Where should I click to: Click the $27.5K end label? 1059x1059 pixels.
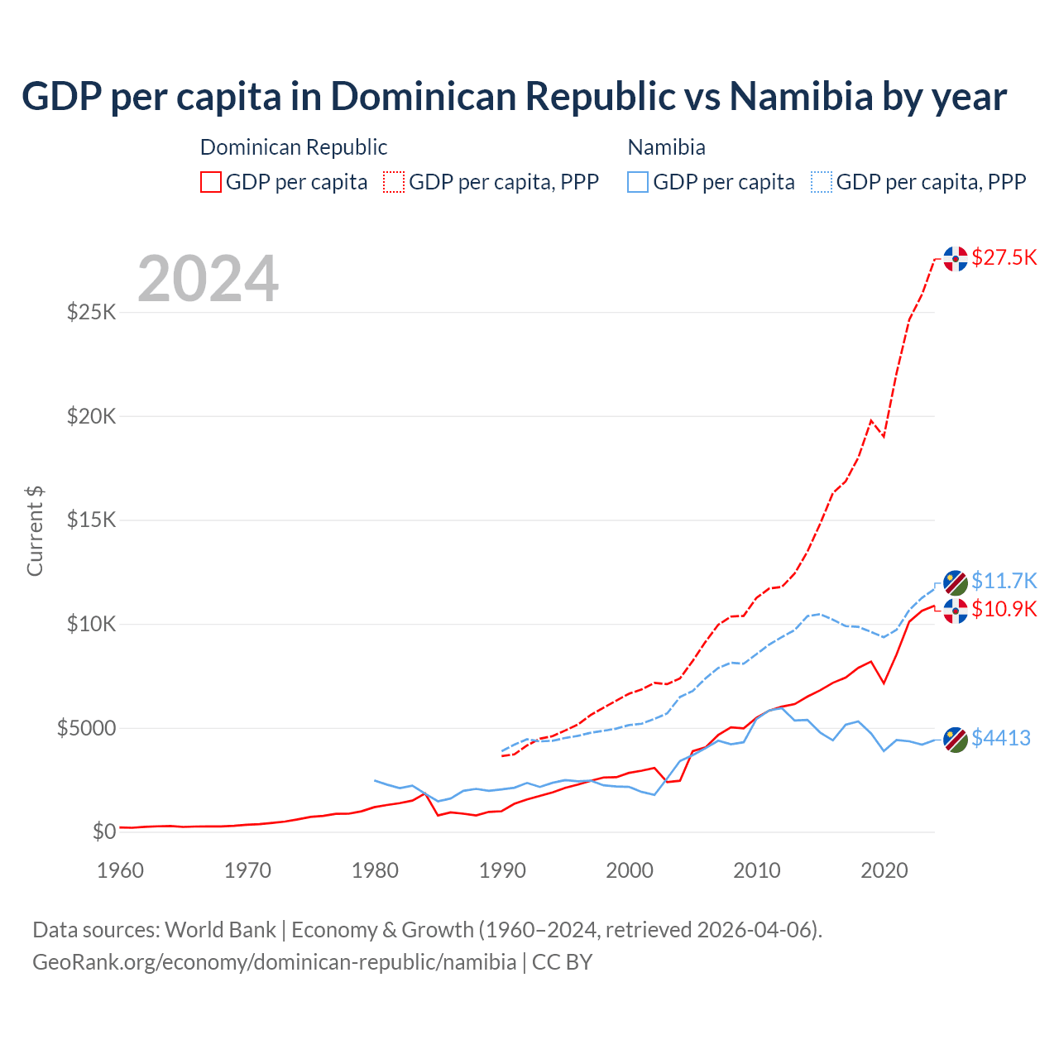1004,257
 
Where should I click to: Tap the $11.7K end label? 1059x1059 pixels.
1004,581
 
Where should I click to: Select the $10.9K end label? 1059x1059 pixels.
1004,610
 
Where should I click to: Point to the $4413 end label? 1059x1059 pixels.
1000,738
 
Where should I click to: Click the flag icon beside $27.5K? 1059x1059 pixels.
956,258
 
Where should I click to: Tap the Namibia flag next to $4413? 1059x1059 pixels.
956,740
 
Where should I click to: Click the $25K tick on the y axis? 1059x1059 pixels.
91,313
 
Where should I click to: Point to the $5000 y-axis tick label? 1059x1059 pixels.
86,728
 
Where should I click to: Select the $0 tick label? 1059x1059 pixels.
103,831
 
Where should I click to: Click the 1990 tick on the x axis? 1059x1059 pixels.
502,870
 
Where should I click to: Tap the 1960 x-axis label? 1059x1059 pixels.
121,870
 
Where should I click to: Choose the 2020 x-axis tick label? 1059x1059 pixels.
884,870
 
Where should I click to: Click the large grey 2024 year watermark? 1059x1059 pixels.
208,279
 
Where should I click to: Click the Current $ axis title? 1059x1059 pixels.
35,531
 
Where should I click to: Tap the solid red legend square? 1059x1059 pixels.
211,182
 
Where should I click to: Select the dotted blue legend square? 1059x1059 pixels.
822,182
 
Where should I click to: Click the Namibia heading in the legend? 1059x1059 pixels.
666,147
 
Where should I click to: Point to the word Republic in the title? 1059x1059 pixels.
600,96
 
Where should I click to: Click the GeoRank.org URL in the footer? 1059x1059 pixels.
274,962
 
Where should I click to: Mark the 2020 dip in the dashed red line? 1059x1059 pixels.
884,436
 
